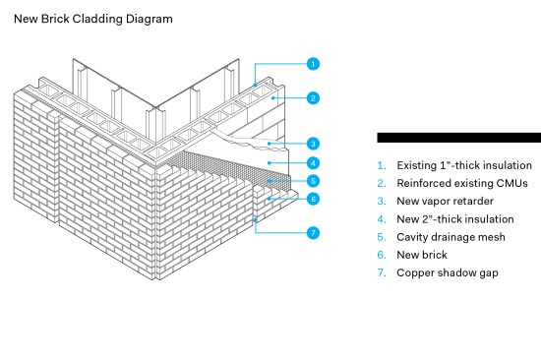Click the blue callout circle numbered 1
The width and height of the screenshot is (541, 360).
pyautogui.click(x=313, y=64)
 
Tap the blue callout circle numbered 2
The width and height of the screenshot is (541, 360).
pyautogui.click(x=313, y=98)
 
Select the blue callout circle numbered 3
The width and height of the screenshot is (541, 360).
pyautogui.click(x=313, y=144)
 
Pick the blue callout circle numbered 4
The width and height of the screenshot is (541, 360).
pyautogui.click(x=313, y=163)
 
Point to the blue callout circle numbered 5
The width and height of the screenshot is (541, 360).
pyautogui.click(x=313, y=181)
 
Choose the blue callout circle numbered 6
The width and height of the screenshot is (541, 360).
pyautogui.click(x=313, y=199)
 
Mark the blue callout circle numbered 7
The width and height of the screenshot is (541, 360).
pyautogui.click(x=313, y=233)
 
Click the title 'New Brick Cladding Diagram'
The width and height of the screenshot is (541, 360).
pyautogui.click(x=93, y=19)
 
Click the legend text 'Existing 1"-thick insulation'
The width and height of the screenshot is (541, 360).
pyautogui.click(x=464, y=165)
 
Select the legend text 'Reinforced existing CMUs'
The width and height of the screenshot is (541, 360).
pyautogui.click(x=462, y=183)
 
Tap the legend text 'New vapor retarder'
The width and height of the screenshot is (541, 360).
pyautogui.click(x=445, y=202)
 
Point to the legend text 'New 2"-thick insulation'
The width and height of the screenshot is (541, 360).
pyautogui.click(x=455, y=219)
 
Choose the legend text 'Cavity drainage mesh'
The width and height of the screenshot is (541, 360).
pyautogui.click(x=451, y=237)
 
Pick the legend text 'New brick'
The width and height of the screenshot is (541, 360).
pyautogui.click(x=422, y=255)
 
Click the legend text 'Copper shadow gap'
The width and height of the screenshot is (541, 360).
pyautogui.click(x=448, y=273)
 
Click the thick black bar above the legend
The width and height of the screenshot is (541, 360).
pyautogui.click(x=459, y=138)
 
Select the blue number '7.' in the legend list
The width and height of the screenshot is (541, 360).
pyautogui.click(x=382, y=272)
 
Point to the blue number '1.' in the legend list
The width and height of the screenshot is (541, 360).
pyautogui.click(x=382, y=165)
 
